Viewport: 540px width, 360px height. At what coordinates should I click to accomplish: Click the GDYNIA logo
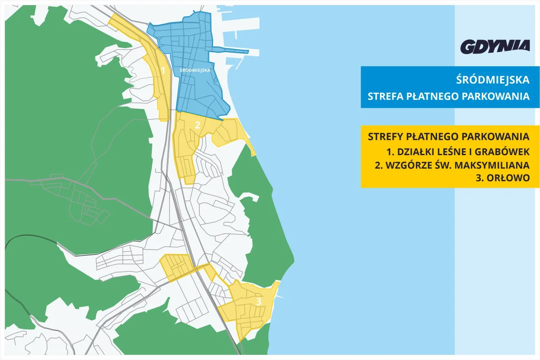[x=495, y=46]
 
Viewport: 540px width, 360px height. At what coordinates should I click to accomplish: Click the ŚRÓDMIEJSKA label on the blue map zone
[x=194, y=70]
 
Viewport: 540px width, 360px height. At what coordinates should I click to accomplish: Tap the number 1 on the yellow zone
[x=163, y=70]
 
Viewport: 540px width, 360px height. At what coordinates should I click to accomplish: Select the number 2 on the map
[x=197, y=125]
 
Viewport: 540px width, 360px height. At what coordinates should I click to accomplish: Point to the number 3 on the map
[x=259, y=301]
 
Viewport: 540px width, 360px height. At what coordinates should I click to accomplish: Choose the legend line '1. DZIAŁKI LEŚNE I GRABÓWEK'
[x=458, y=151]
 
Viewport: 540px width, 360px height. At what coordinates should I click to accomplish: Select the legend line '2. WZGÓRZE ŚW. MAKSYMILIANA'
[x=452, y=165]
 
